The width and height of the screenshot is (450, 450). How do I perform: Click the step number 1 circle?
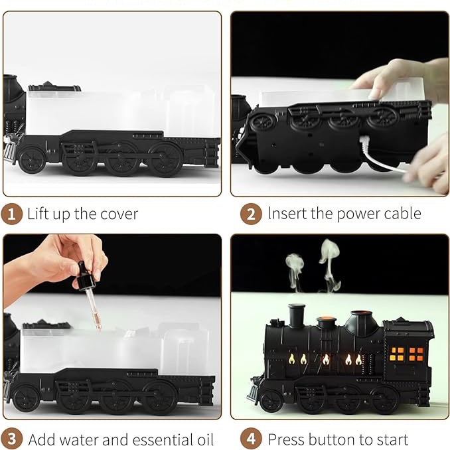click(11, 214)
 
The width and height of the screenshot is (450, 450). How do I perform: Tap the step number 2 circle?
click(251, 214)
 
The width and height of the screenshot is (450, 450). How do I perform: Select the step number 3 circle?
click(11, 439)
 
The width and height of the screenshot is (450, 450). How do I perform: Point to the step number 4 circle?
click(251, 439)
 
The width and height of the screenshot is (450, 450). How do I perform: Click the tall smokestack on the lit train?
click(297, 316)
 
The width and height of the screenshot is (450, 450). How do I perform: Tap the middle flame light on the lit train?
click(326, 359)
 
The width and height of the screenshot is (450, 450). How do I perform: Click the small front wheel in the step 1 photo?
click(31, 159)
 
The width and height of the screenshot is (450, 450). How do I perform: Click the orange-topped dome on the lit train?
click(327, 323)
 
